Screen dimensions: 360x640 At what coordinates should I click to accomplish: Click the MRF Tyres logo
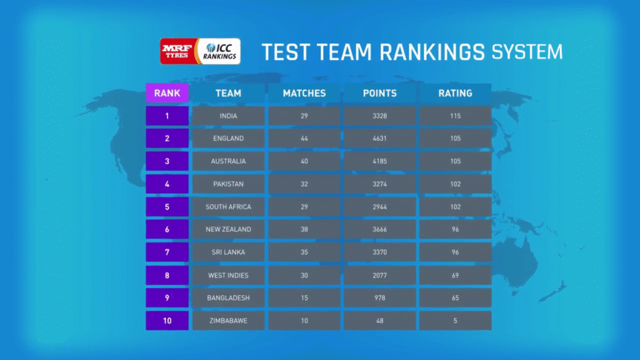[177, 51]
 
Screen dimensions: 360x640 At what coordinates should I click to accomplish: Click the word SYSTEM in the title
[526, 51]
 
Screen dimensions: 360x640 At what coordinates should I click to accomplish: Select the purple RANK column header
[167, 93]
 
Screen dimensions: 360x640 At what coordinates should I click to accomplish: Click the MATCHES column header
[304, 93]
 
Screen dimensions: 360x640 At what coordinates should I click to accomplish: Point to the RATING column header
[455, 93]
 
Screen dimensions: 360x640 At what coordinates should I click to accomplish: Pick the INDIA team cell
[229, 116]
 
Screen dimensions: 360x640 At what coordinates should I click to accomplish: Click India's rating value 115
[455, 116]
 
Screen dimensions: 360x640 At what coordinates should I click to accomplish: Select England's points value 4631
[379, 139]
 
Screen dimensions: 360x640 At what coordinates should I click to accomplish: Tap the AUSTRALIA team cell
[229, 161]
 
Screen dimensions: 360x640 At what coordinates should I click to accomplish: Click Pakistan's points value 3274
[379, 184]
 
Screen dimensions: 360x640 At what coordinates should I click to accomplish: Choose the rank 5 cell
[167, 207]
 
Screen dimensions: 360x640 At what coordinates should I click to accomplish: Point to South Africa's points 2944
[379, 207]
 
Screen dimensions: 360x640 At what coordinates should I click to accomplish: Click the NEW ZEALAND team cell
[229, 229]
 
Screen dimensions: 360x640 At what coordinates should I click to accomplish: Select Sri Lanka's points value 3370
[379, 252]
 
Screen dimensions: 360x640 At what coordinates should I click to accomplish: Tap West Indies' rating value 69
[455, 275]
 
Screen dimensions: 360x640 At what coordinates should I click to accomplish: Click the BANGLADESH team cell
[229, 298]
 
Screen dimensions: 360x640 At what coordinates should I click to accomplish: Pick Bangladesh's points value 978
[379, 298]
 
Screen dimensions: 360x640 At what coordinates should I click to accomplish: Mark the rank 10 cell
[167, 321]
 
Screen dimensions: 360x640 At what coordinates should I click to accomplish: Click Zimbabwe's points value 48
[379, 321]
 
